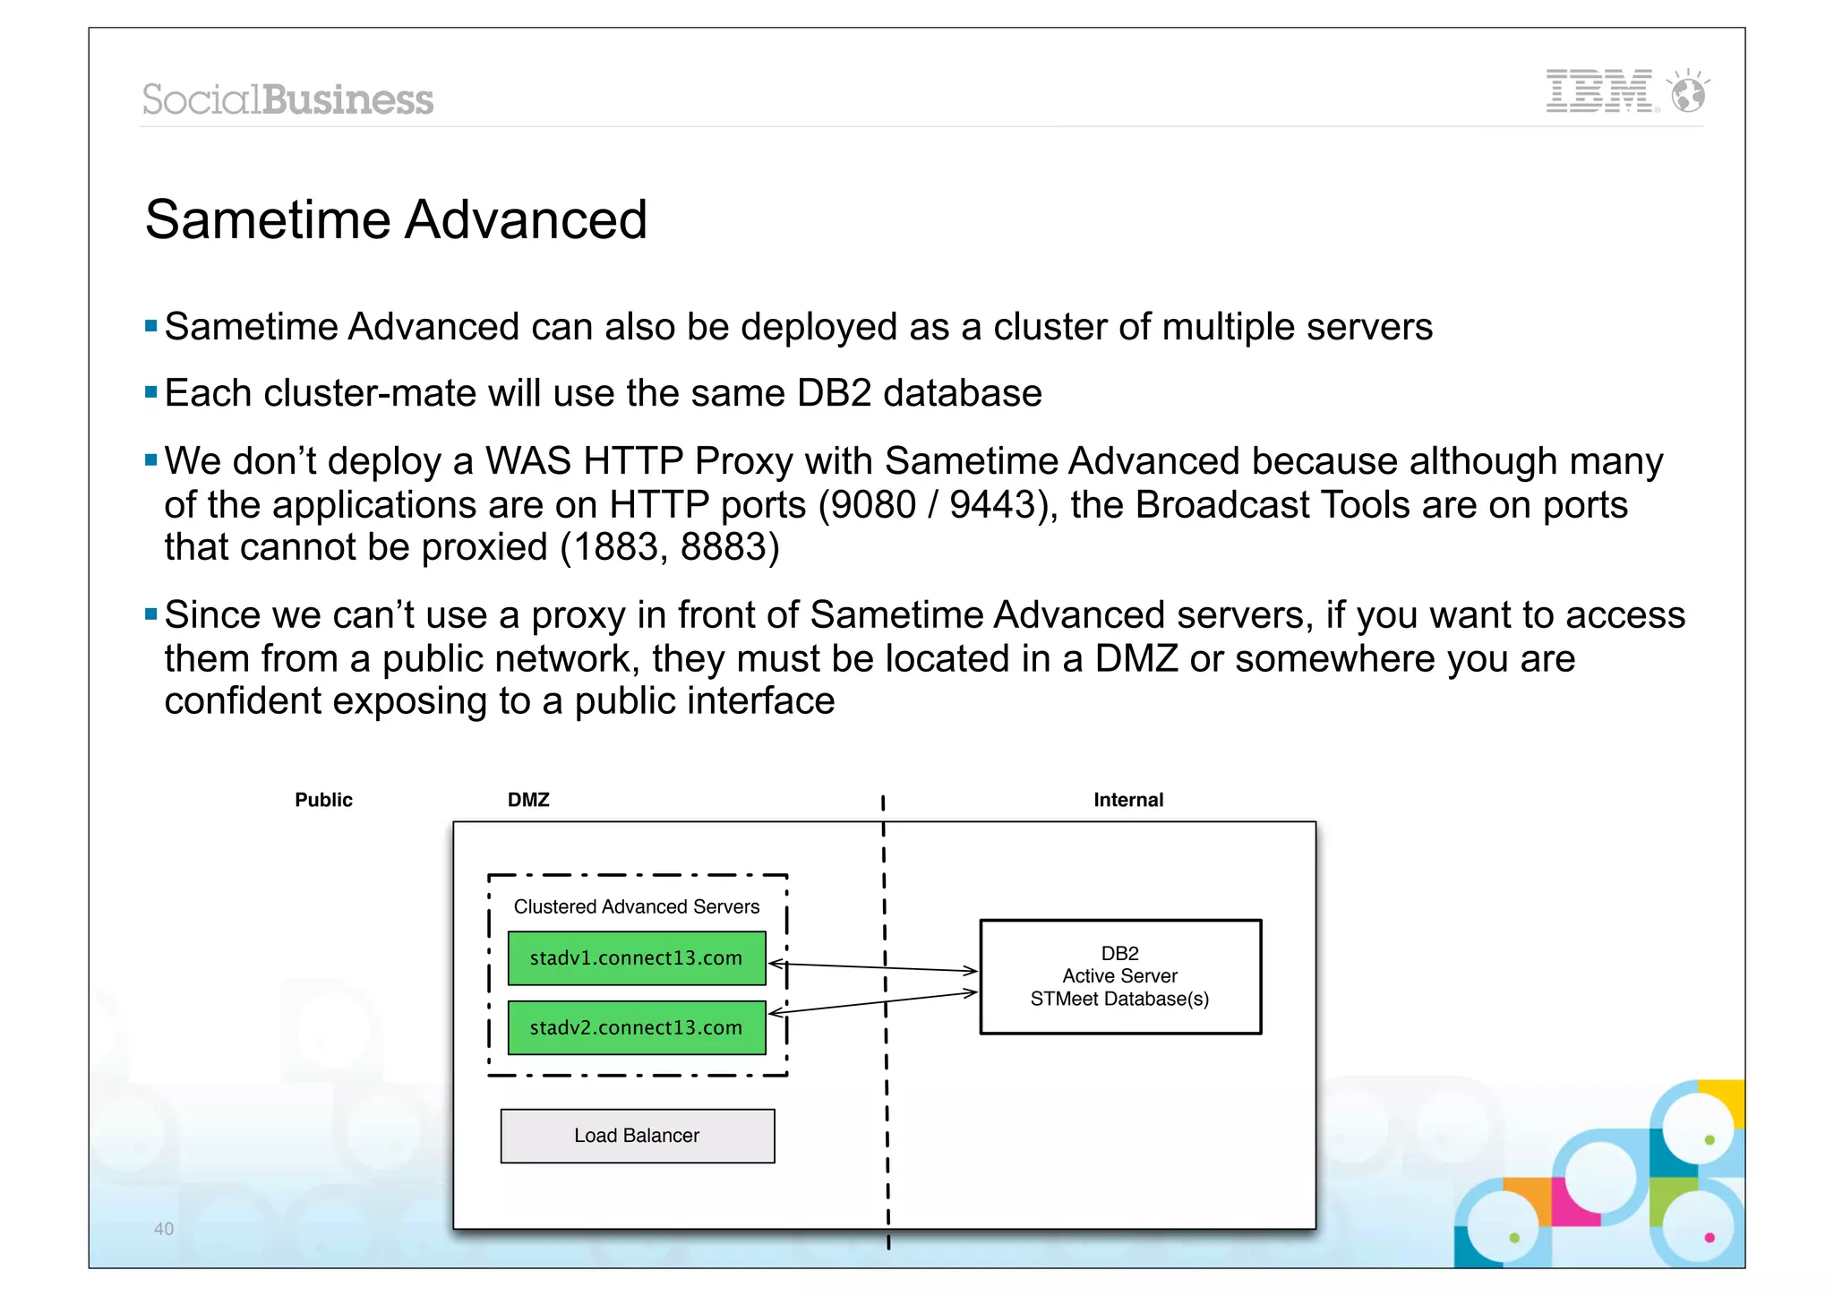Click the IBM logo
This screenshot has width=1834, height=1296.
click(x=1599, y=91)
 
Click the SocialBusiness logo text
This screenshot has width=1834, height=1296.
click(x=287, y=99)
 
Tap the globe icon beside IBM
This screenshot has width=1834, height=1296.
click(x=1688, y=92)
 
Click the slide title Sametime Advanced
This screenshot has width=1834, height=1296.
click(x=396, y=219)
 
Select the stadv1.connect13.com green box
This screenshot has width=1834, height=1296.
click(x=636, y=958)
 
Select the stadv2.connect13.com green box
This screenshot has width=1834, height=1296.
click(x=636, y=1027)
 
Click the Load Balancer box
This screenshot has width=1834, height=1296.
click(x=637, y=1136)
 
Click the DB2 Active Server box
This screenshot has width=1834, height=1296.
click(x=1119, y=976)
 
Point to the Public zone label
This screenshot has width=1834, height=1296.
click(x=323, y=800)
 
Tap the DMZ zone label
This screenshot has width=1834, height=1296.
click(x=528, y=800)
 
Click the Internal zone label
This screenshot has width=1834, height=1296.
click(x=1127, y=800)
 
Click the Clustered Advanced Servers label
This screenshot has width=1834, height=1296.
click(x=636, y=906)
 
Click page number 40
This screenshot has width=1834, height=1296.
click(x=164, y=1229)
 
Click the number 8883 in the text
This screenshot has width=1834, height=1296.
click(x=729, y=547)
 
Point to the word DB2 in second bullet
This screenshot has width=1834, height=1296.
click(x=834, y=393)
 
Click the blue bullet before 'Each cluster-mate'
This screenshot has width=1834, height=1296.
click(x=150, y=391)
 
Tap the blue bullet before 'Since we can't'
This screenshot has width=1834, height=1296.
click(x=150, y=614)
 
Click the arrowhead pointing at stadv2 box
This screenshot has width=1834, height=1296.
click(x=776, y=1013)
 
